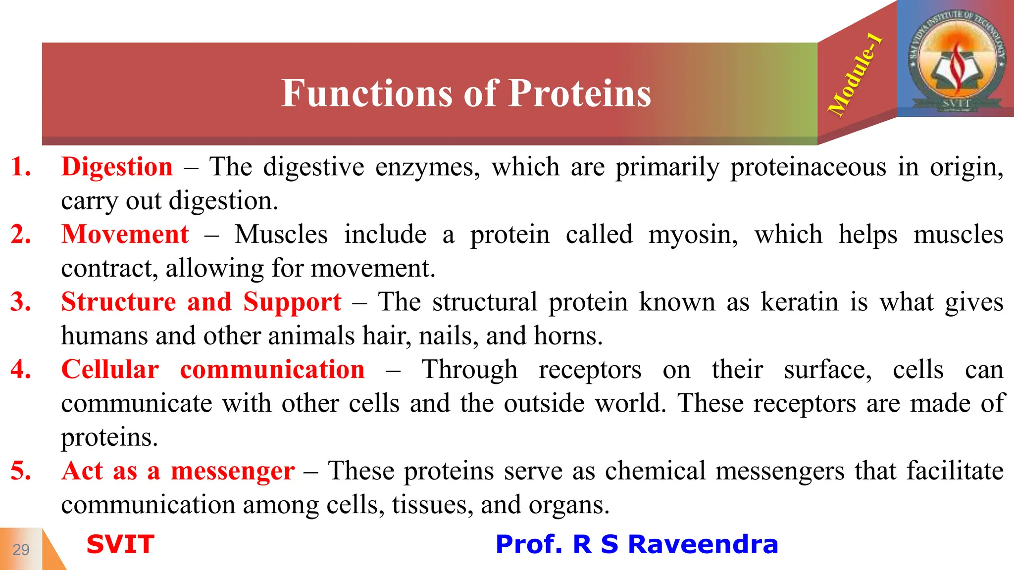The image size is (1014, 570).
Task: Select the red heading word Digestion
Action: [x=117, y=167]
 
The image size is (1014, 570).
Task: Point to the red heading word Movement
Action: [x=125, y=235]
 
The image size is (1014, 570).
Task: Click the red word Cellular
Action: [x=110, y=370]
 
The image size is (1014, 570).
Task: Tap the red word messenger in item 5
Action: [x=233, y=471]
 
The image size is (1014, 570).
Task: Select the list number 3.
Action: [x=21, y=302]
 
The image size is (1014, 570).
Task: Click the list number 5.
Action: [x=21, y=471]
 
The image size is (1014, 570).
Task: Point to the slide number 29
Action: [x=21, y=550]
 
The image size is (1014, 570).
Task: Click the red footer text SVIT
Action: [x=120, y=544]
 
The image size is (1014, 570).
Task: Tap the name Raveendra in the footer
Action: [x=703, y=544]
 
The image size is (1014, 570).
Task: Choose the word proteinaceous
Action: [x=808, y=167]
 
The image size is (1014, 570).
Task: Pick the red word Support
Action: [x=292, y=302]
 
